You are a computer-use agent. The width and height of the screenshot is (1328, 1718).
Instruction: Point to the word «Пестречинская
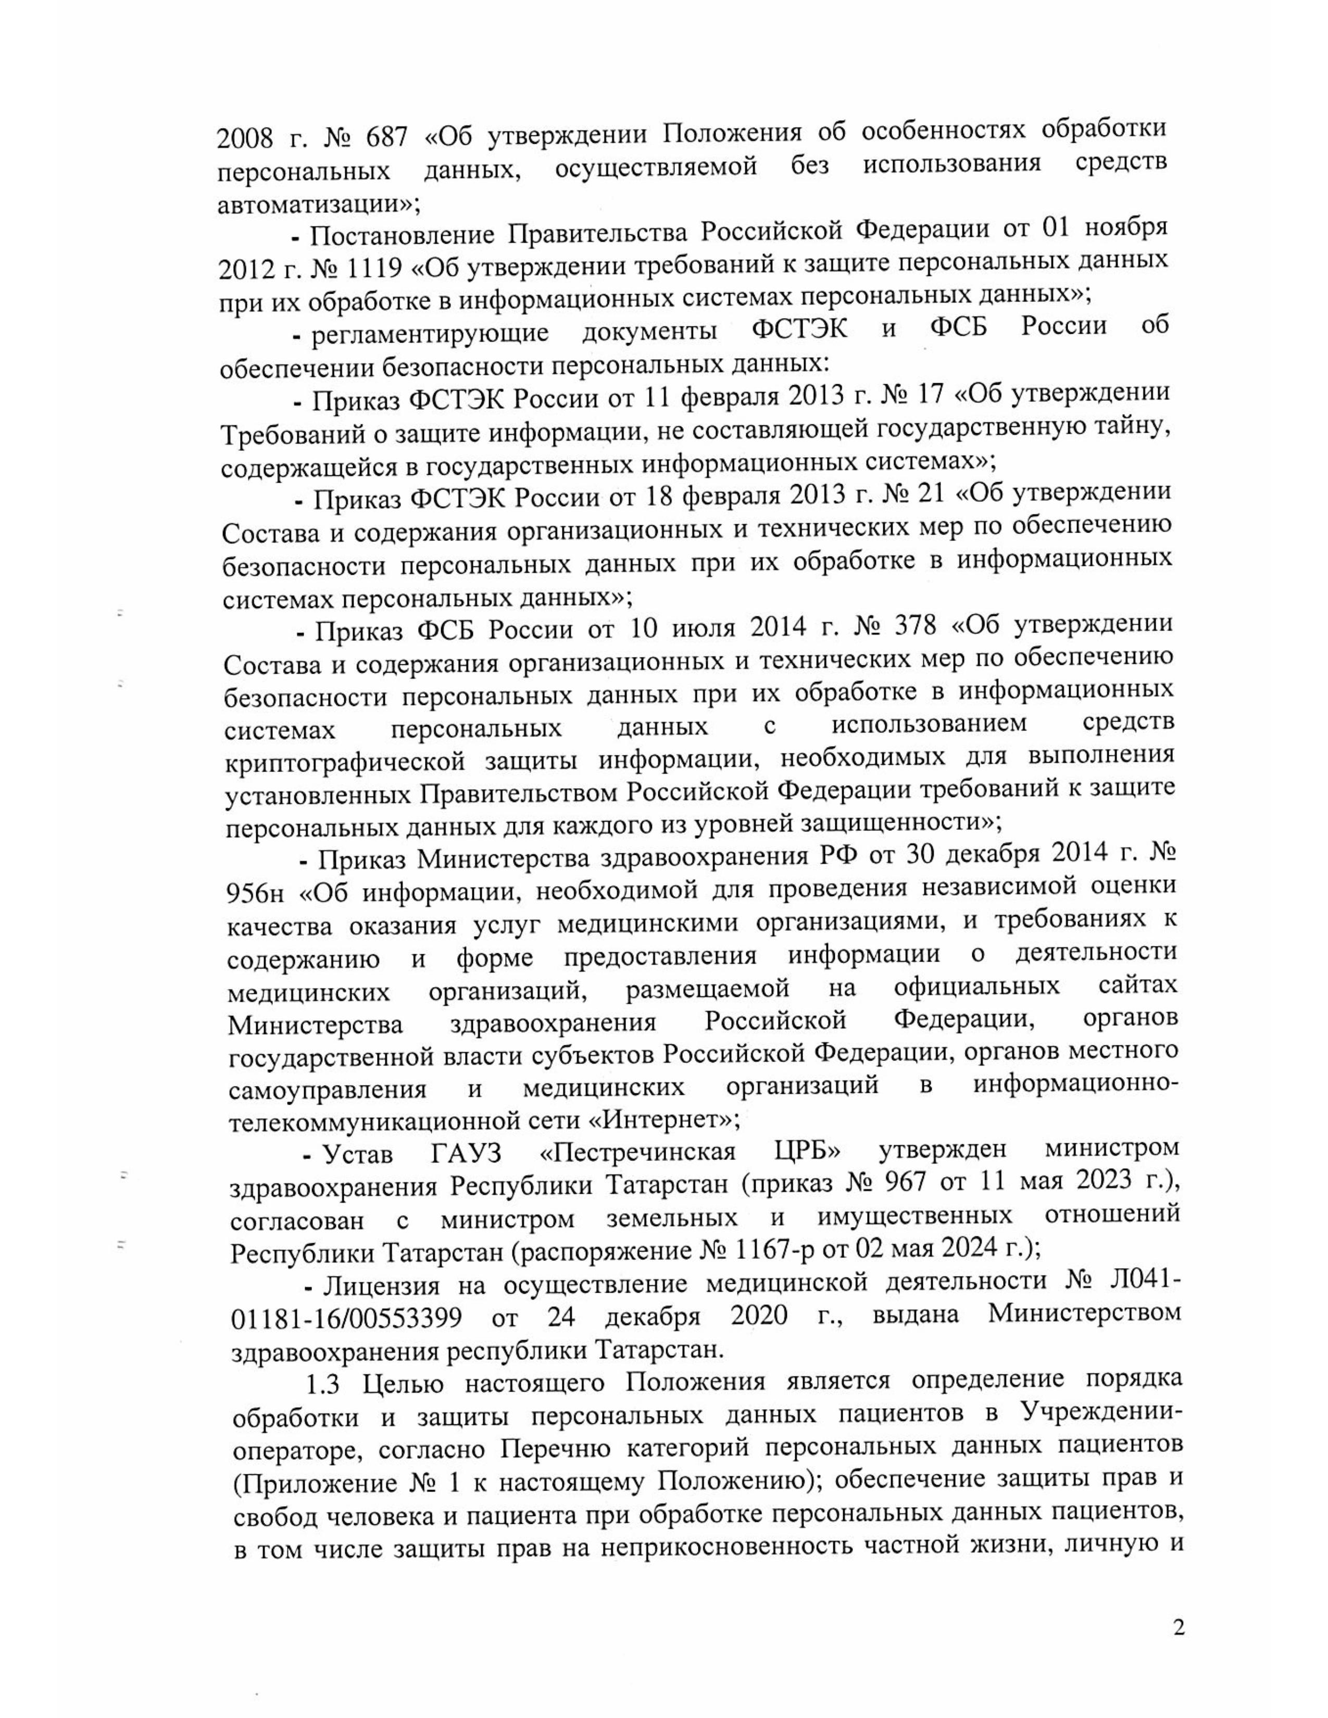(x=638, y=1153)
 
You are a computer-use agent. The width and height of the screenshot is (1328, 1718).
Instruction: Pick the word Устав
(x=358, y=1154)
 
